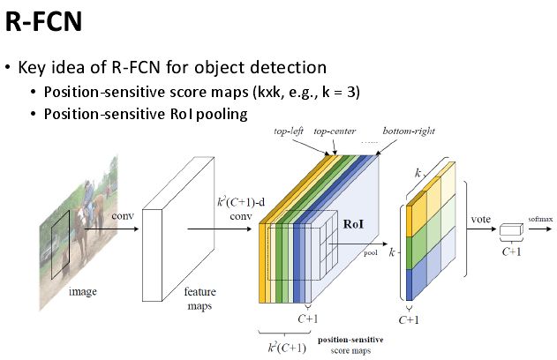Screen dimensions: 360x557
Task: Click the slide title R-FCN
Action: pyautogui.click(x=44, y=21)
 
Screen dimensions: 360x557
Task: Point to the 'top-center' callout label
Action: pyautogui.click(x=335, y=131)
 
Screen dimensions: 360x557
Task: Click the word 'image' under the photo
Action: pyautogui.click(x=85, y=290)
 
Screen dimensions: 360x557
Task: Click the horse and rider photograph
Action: pyautogui.click(x=79, y=221)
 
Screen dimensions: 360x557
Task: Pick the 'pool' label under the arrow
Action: pyautogui.click(x=369, y=251)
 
